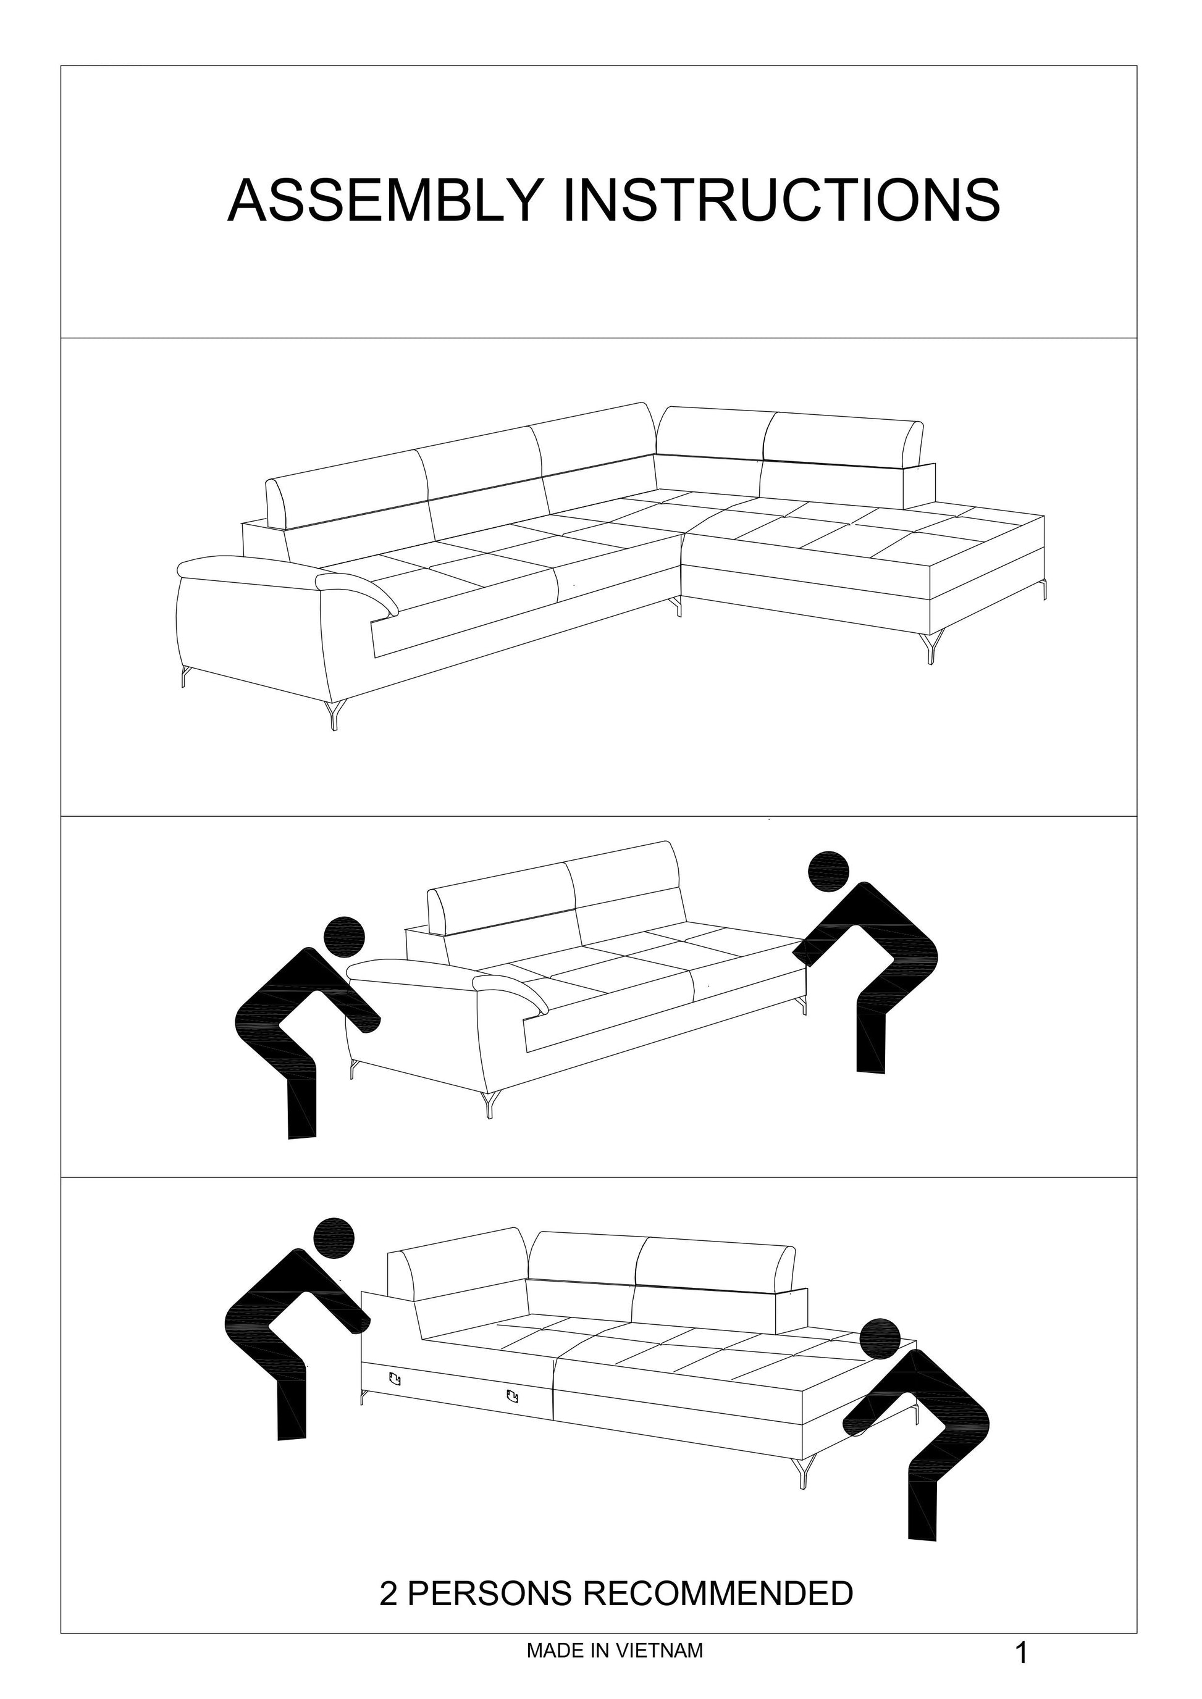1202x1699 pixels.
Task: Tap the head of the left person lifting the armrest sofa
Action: [344, 938]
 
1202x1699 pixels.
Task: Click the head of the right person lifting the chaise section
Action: [880, 1338]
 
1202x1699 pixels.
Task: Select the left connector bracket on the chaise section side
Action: [393, 1378]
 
